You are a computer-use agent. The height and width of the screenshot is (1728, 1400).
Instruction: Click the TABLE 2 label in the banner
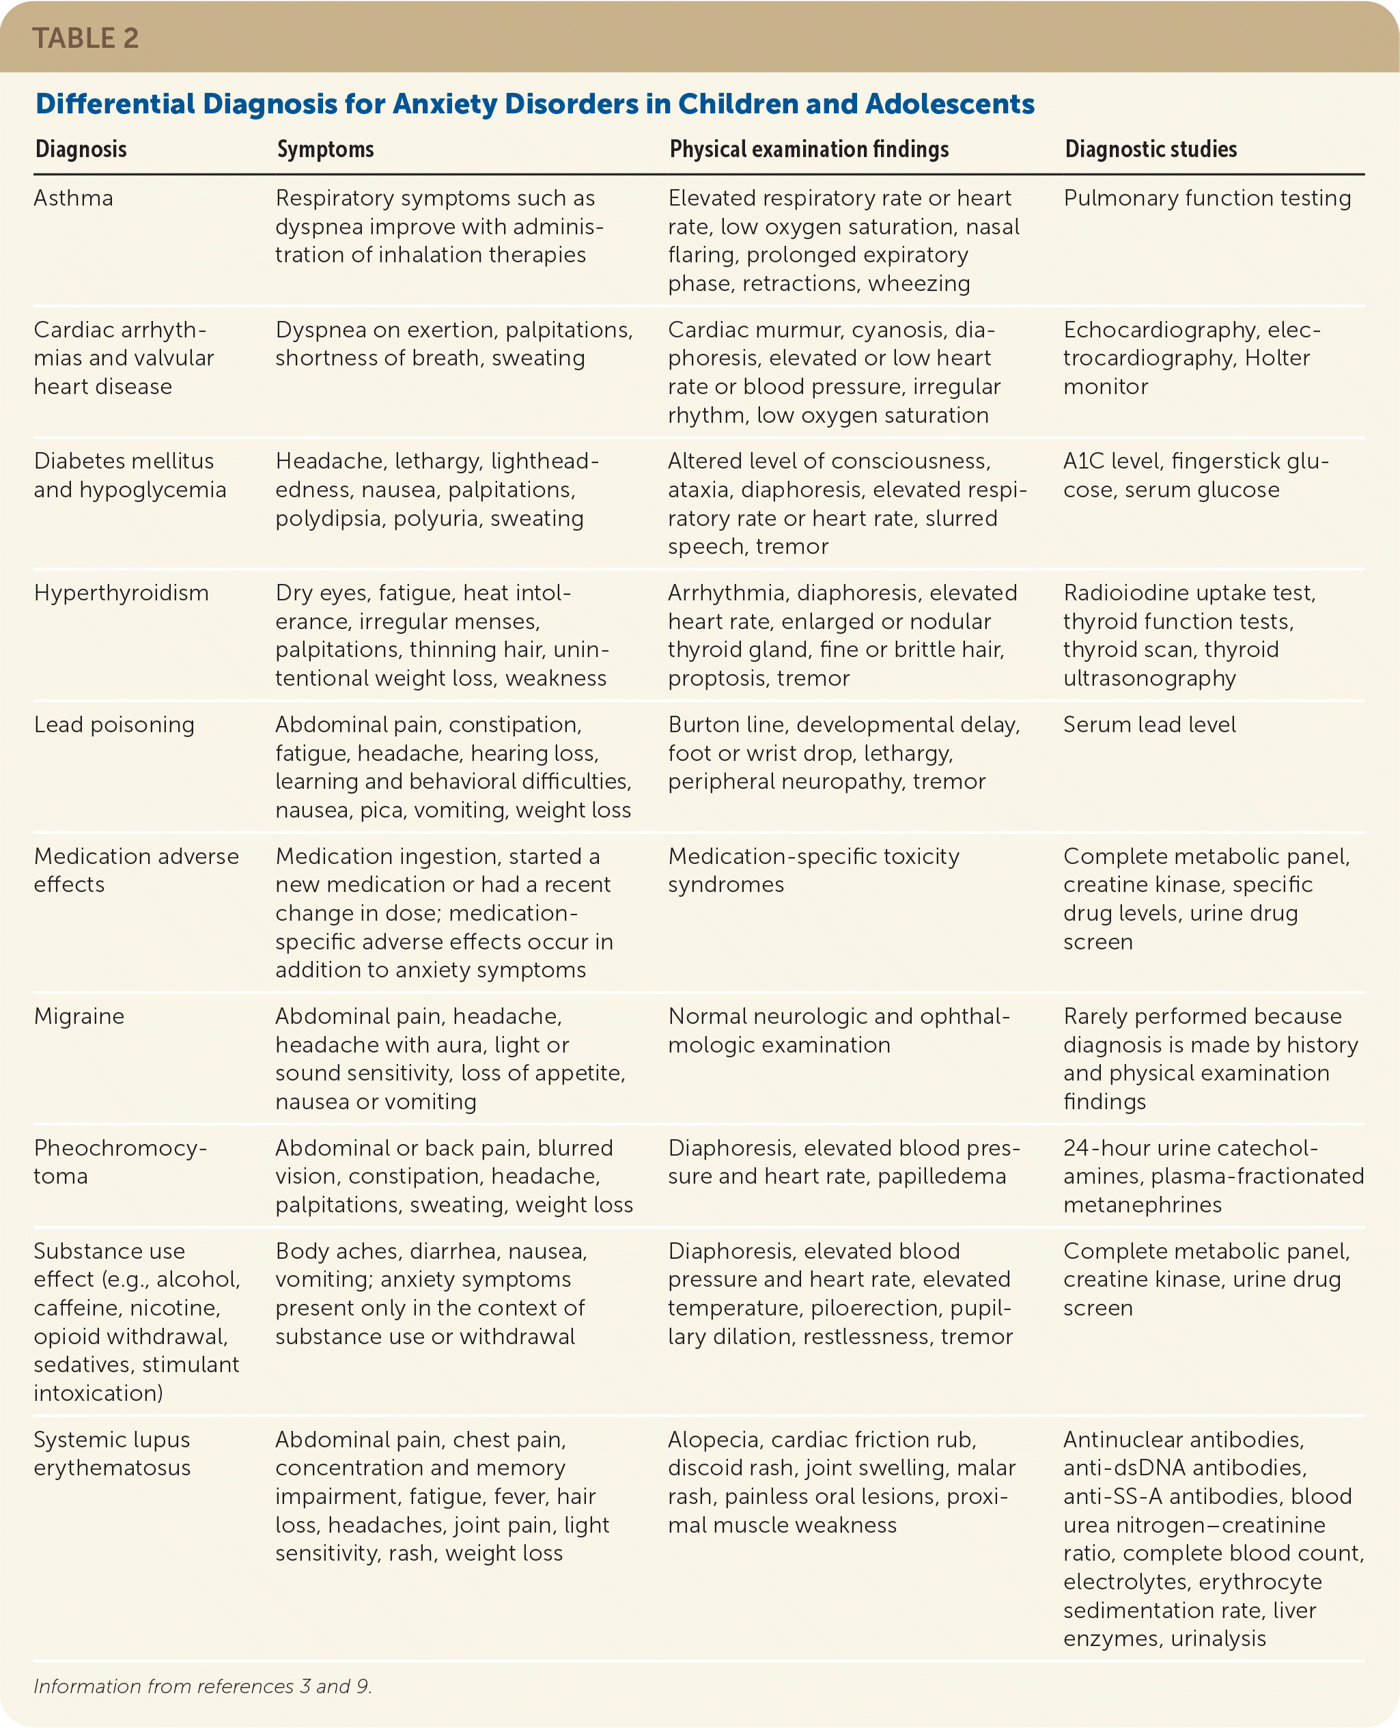point(85,38)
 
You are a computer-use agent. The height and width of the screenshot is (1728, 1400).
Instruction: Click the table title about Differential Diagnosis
point(535,104)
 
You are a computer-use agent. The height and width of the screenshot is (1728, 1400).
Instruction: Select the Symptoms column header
point(325,149)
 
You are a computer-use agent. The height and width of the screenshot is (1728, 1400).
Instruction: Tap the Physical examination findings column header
point(809,149)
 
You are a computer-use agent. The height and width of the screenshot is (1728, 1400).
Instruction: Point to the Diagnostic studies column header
point(1150,149)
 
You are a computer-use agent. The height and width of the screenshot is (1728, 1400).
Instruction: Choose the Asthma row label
point(73,198)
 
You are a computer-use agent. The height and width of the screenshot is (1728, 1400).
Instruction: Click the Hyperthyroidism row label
point(121,593)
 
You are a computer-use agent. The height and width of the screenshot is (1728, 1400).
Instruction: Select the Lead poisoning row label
point(114,724)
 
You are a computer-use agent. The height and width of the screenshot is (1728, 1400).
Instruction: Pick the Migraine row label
point(79,1016)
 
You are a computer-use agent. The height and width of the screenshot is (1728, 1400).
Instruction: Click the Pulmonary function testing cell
point(1207,198)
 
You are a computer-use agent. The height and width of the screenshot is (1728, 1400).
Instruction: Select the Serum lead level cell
point(1149,724)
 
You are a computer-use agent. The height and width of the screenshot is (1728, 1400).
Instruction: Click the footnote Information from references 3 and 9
point(202,1686)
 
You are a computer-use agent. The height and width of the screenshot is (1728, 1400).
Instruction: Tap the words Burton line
point(727,724)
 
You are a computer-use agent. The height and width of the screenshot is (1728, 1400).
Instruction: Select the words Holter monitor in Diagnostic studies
point(1186,372)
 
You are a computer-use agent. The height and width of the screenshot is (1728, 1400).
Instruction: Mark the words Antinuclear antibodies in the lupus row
point(1183,1439)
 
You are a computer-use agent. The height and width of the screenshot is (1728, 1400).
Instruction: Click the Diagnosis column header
point(81,149)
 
